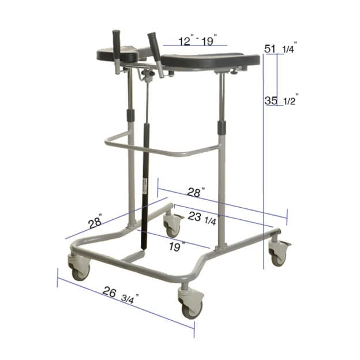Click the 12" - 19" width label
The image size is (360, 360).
click(194, 42)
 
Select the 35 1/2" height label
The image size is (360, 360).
click(280, 100)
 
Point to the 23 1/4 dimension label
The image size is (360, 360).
click(202, 218)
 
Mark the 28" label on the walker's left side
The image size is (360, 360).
click(95, 221)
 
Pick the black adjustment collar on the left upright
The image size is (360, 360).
click(130, 112)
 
